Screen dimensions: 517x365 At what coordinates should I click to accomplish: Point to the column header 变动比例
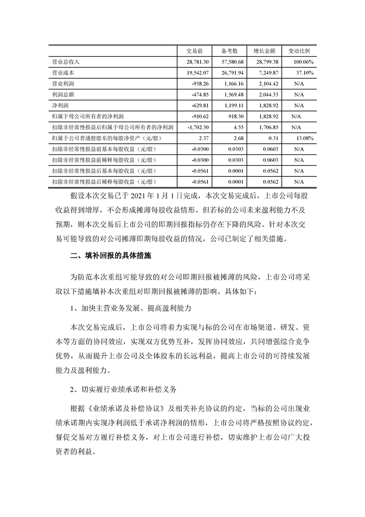coord(299,50)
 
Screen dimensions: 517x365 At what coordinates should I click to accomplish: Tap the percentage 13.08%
coord(304,138)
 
